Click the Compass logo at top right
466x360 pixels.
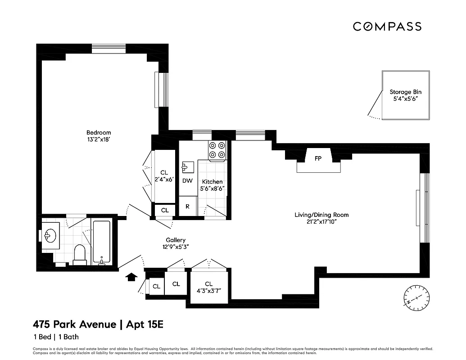[387, 27]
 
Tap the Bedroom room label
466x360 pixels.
[99, 132]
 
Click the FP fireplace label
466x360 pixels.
[318, 158]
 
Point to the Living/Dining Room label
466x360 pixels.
[321, 215]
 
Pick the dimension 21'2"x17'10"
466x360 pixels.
[321, 221]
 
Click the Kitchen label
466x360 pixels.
[212, 182]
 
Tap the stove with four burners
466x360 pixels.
[217, 151]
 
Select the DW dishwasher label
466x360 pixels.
[187, 181]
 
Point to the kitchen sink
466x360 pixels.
[187, 167]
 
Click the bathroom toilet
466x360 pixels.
[80, 254]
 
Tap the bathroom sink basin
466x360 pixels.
[50, 234]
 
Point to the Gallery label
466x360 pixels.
[175, 240]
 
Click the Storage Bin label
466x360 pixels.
[406, 92]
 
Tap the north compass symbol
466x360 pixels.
[416, 298]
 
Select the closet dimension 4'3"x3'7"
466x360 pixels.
[208, 290]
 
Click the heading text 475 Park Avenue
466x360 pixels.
[74, 324]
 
